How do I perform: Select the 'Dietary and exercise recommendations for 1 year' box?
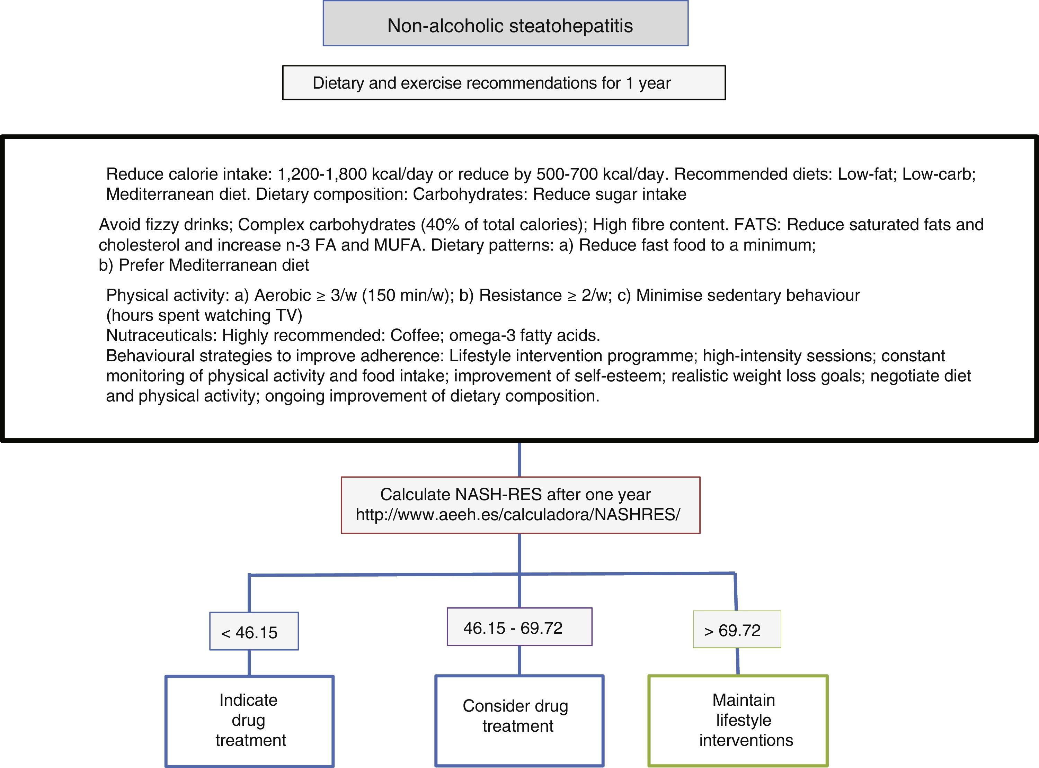(504, 83)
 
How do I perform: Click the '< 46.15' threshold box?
(254, 631)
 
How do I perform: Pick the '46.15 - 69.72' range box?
(519, 627)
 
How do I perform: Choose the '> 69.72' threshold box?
(737, 630)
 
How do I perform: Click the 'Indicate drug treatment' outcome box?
(250, 720)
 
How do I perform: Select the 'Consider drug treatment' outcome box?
(519, 720)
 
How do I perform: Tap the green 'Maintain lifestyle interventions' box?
(738, 720)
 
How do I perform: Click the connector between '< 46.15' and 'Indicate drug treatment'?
(250, 662)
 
